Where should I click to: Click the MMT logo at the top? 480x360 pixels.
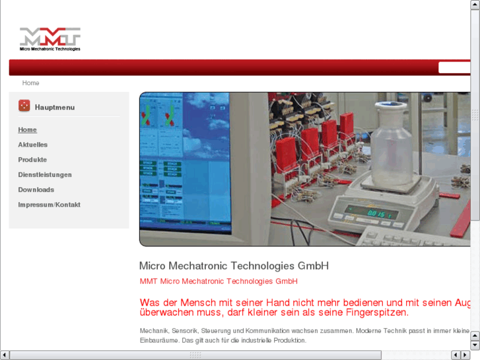(50, 39)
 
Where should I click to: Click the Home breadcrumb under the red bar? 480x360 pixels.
(30, 83)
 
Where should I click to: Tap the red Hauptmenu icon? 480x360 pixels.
(24, 106)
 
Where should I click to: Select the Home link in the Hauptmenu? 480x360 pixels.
(28, 129)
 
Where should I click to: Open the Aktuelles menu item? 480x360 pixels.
(33, 145)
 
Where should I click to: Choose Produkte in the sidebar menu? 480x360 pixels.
(32, 160)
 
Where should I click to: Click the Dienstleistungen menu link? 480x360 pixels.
(45, 175)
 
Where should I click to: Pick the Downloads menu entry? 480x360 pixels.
(36, 190)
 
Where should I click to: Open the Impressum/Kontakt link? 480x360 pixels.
(50, 205)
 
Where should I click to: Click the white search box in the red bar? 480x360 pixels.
(456, 67)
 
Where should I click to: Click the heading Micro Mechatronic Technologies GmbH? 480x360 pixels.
(234, 266)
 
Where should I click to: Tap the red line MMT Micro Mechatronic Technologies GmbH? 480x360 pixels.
(219, 281)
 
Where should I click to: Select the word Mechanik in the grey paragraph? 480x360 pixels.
(154, 330)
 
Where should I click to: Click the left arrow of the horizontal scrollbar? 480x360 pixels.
(5, 355)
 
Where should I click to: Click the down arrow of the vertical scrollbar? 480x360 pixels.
(475, 345)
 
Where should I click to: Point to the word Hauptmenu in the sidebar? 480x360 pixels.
(55, 107)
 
